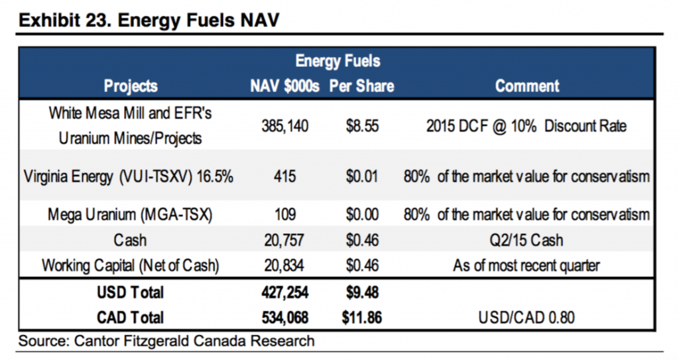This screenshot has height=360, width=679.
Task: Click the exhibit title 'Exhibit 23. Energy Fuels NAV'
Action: point(150,19)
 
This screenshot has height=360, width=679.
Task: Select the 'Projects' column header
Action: point(131,86)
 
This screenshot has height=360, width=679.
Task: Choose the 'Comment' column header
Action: point(527,86)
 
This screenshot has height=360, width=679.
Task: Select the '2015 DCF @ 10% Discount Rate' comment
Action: point(527,125)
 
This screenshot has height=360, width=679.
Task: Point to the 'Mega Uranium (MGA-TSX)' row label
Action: point(131,215)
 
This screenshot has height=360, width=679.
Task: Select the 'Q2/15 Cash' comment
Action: point(527,241)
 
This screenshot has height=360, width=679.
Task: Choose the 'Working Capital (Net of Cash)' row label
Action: point(131,266)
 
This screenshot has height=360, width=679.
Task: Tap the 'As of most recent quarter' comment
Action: point(527,266)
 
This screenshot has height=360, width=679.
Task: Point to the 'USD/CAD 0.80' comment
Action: point(527,318)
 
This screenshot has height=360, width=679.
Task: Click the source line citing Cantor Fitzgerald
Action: point(166,341)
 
